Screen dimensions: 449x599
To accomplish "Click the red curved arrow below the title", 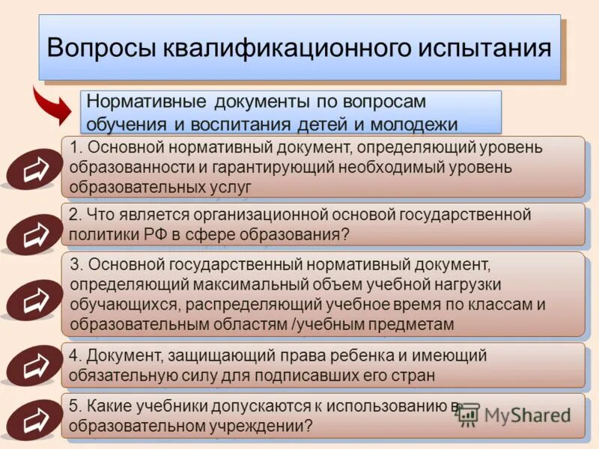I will pyautogui.click(x=54, y=107).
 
